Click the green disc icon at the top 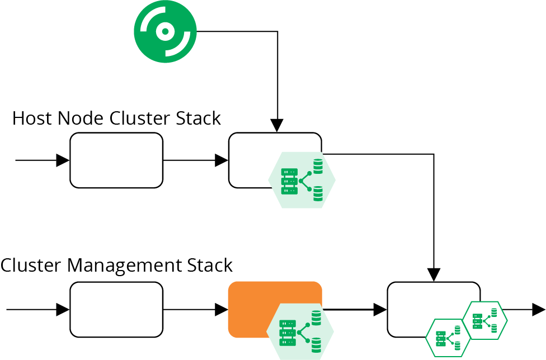pos(165,31)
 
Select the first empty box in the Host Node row pos(116,160)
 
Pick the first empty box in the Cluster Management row pos(116,309)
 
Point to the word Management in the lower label pos(130,265)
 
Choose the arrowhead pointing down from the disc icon pos(277,126)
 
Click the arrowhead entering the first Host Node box pos(63,160)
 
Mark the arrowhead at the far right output pos(538,309)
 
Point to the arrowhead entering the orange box pos(222,309)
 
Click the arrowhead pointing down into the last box pos(434,275)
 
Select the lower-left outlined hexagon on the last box pos(448,338)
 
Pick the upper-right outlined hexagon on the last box pos(485,320)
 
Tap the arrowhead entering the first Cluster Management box pos(63,309)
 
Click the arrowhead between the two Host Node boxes pos(222,160)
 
